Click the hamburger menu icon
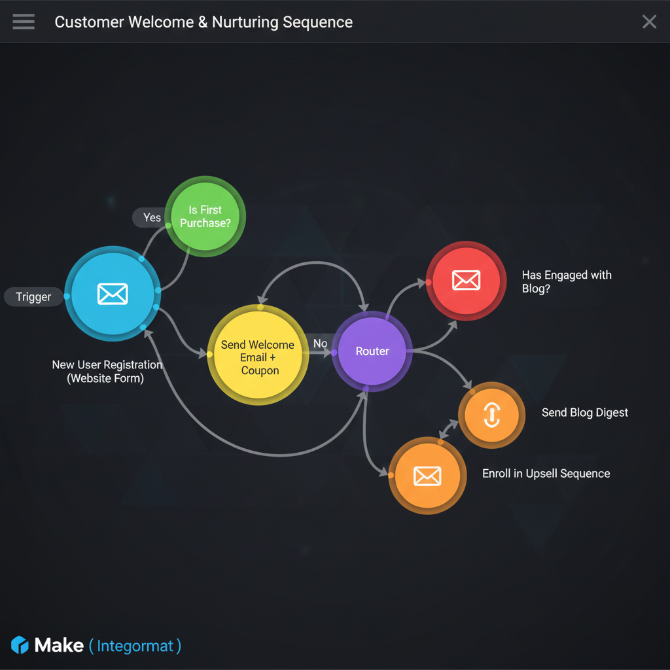click(24, 22)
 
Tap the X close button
click(649, 22)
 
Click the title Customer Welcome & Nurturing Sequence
click(203, 22)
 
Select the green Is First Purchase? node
click(205, 217)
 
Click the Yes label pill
click(151, 217)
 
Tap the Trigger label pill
click(33, 297)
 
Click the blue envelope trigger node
click(113, 294)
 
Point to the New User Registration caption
click(107, 371)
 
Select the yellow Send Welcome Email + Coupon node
click(258, 355)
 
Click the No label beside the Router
click(320, 344)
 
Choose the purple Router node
click(372, 351)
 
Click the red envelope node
click(466, 280)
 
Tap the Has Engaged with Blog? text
click(566, 281)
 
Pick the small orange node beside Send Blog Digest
click(491, 415)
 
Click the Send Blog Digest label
click(584, 413)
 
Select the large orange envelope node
click(427, 476)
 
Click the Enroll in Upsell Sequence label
click(546, 474)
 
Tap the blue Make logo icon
click(20, 645)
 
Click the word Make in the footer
click(59, 645)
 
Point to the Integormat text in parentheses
click(135, 646)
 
